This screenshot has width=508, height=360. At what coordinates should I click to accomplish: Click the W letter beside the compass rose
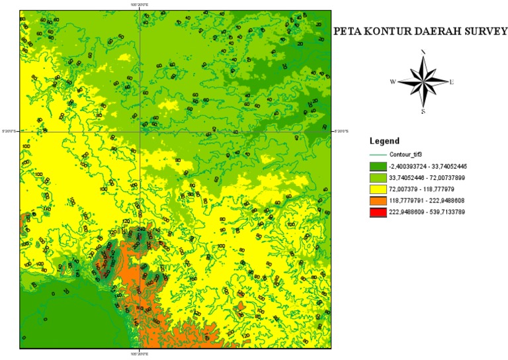(392, 82)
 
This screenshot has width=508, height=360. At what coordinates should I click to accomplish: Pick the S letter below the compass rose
(423, 111)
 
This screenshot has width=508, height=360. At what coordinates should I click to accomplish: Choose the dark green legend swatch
(376, 166)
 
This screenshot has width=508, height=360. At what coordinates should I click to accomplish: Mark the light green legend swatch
(376, 177)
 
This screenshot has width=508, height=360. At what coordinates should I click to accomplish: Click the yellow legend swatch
(376, 189)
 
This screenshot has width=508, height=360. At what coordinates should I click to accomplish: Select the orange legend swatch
(376, 200)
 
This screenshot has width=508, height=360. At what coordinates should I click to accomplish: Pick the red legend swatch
(376, 211)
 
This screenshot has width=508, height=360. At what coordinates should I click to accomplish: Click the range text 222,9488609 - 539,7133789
(430, 211)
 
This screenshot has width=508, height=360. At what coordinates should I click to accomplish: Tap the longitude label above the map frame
(141, 6)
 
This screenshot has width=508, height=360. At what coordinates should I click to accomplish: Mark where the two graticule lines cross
(141, 130)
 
